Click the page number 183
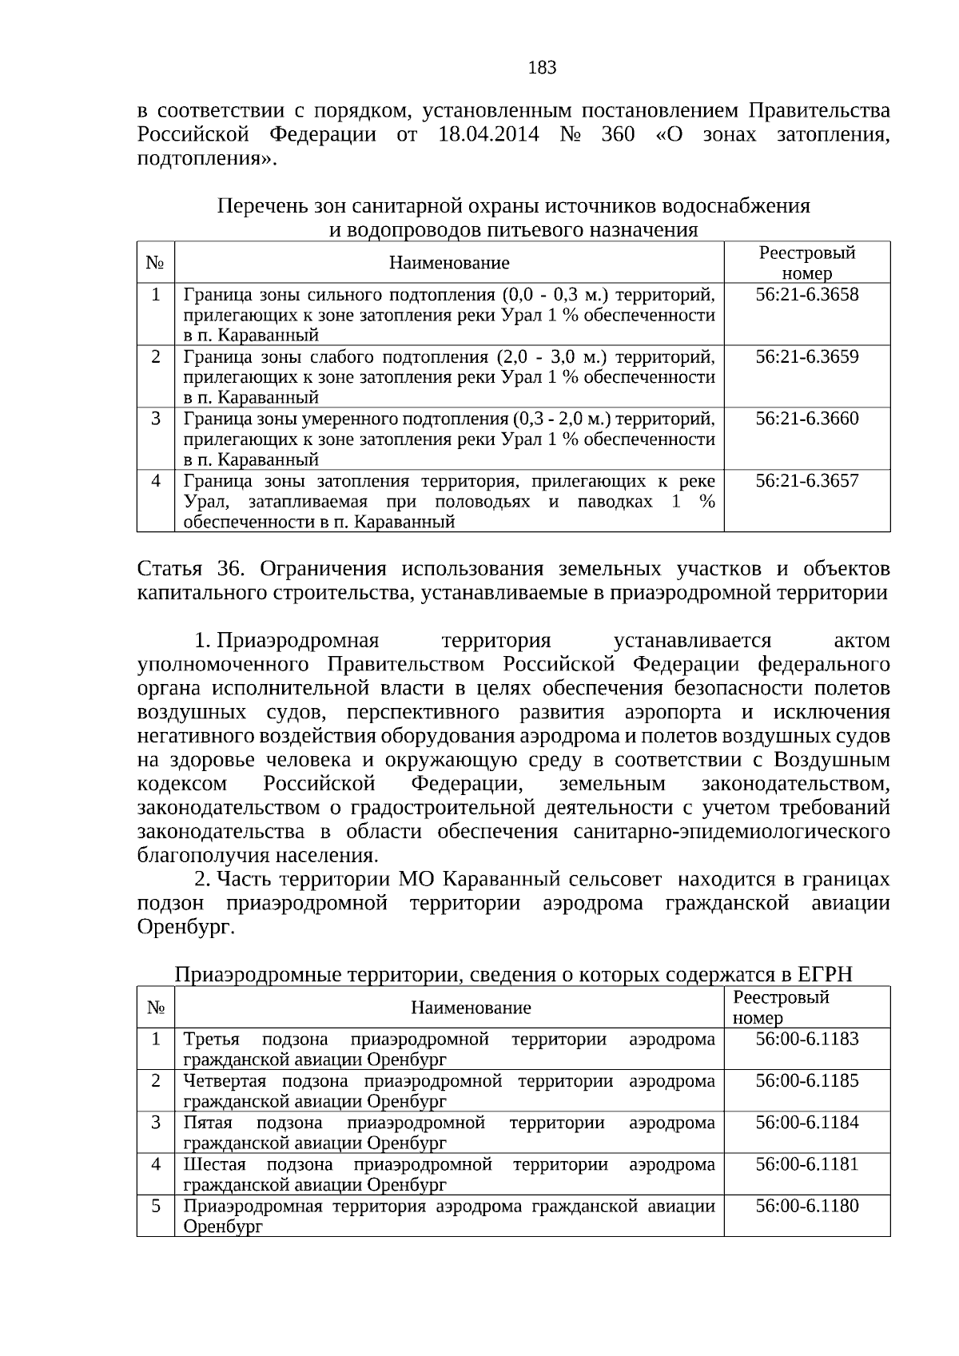click(x=543, y=68)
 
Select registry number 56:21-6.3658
click(x=807, y=295)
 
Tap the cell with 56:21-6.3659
click(x=807, y=357)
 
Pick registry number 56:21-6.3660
click(x=807, y=419)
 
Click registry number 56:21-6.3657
click(x=807, y=481)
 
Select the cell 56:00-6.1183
click(x=807, y=1039)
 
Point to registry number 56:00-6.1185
click(x=807, y=1081)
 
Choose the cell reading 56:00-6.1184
click(x=807, y=1123)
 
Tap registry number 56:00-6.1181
click(x=807, y=1164)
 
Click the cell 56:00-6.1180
click(x=807, y=1206)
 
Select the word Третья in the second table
click(x=211, y=1040)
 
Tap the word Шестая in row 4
click(x=214, y=1164)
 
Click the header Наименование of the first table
click(x=449, y=263)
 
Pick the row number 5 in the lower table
click(x=156, y=1205)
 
